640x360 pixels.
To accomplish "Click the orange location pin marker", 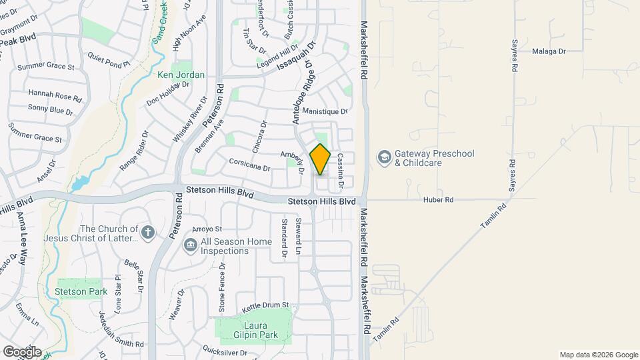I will [x=320, y=159].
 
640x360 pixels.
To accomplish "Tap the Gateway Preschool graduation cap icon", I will [x=384, y=157].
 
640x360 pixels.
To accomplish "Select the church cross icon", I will [x=148, y=233].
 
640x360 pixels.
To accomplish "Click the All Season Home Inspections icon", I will [x=191, y=246].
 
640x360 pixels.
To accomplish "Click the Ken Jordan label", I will [x=181, y=75].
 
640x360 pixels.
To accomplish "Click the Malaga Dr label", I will [x=549, y=51].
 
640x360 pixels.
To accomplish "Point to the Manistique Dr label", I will [x=325, y=111].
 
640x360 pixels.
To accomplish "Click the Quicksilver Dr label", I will [x=225, y=351].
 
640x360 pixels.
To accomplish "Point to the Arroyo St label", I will [x=207, y=229].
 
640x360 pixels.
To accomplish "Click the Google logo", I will [x=22, y=351].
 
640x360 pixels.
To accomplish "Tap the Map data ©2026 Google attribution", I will [x=598, y=355].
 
